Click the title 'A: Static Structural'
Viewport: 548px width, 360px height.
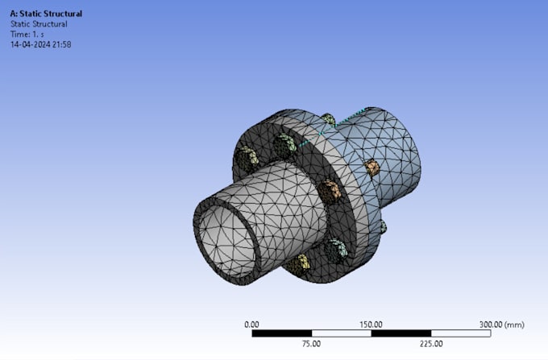46,14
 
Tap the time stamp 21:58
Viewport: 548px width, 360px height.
64,44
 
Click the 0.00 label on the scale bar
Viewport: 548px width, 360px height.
251,325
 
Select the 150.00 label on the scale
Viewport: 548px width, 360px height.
371,325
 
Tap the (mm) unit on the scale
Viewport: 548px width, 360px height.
514,325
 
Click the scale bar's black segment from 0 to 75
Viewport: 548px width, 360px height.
281,333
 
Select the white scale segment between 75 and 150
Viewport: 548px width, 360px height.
341,333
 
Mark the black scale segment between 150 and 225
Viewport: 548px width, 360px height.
401,333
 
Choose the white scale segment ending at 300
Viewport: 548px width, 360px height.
460,333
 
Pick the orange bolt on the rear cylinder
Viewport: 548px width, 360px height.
372,167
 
